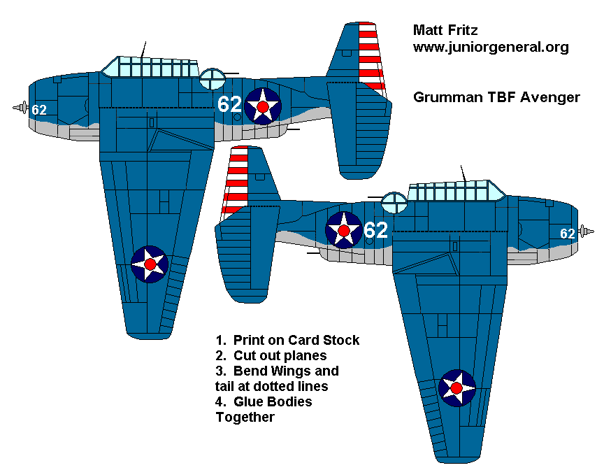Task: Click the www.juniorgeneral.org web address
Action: click(491, 48)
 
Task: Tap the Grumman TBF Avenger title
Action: click(496, 97)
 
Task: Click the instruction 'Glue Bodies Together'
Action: click(264, 409)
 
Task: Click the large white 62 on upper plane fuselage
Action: click(229, 104)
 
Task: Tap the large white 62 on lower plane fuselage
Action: click(375, 229)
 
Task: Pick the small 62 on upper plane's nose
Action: click(39, 110)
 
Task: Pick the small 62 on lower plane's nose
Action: click(567, 234)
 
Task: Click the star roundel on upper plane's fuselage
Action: click(263, 106)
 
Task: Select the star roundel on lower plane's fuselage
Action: click(344, 229)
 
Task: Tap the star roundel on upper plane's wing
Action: click(150, 264)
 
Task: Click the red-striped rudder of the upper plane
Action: click(371, 56)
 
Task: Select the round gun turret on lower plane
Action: click(395, 202)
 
